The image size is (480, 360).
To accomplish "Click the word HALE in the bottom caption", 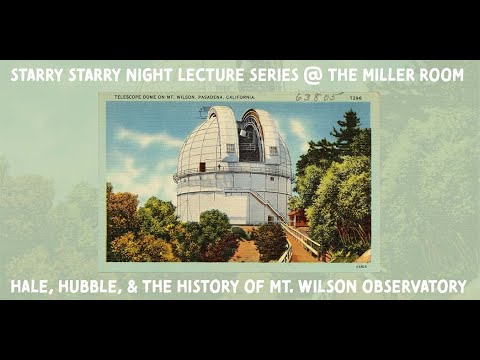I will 33,287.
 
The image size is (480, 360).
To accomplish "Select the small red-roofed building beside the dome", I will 297,215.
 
